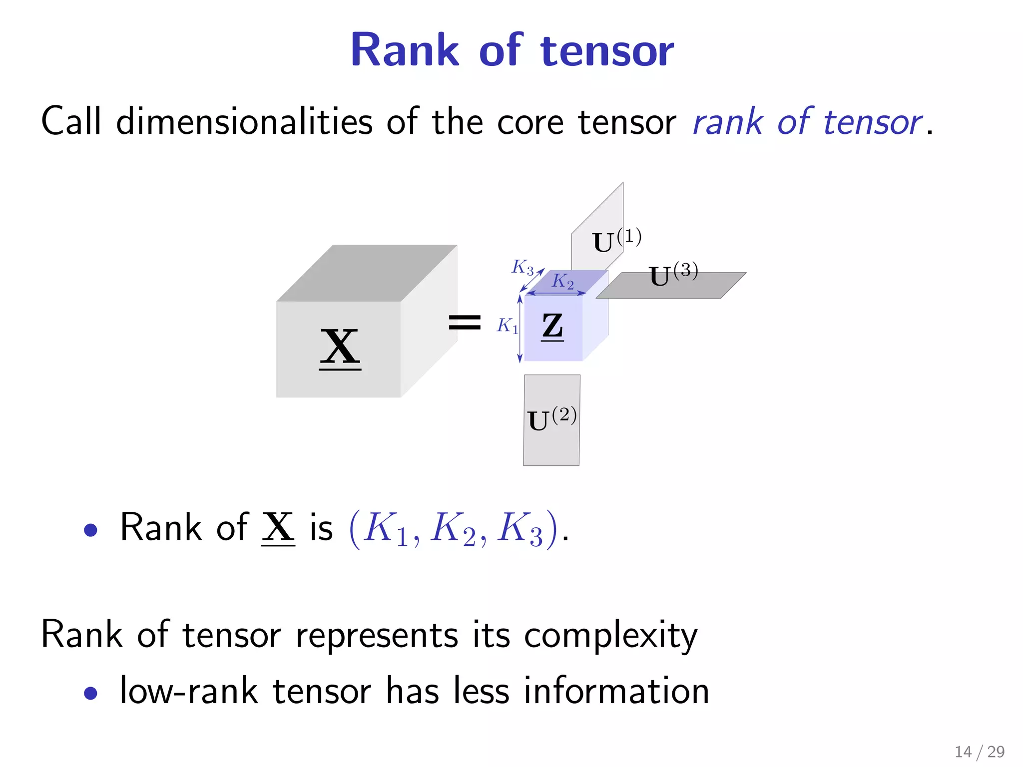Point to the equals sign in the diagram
pos(465,322)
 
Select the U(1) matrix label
pos(616,241)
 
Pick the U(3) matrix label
pos(673,275)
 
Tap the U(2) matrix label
pos(551,419)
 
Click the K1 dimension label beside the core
pos(507,326)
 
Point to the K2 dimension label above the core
pos(562,281)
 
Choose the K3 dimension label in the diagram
pos(522,267)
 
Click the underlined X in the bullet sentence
pos(278,527)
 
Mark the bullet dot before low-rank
pos(90,693)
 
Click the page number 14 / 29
pos(979,752)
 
